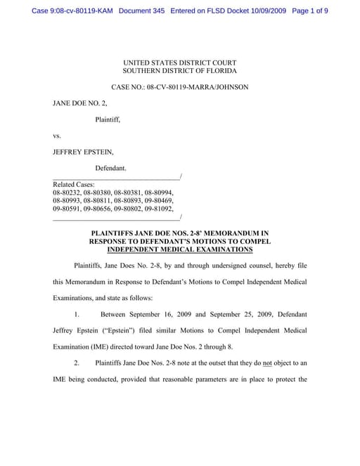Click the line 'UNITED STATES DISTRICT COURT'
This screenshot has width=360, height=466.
pyautogui.click(x=180, y=63)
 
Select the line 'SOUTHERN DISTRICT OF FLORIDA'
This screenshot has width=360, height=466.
pyautogui.click(x=180, y=71)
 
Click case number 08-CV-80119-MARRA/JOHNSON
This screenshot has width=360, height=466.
pyautogui.click(x=180, y=87)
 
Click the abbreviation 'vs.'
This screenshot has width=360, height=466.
pyautogui.click(x=57, y=135)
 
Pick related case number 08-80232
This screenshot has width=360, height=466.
pyautogui.click(x=67, y=192)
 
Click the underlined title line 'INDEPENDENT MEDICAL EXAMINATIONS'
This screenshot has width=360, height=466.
pyautogui.click(x=180, y=250)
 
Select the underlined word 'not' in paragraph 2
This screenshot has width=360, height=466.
pyautogui.click(x=264, y=363)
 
